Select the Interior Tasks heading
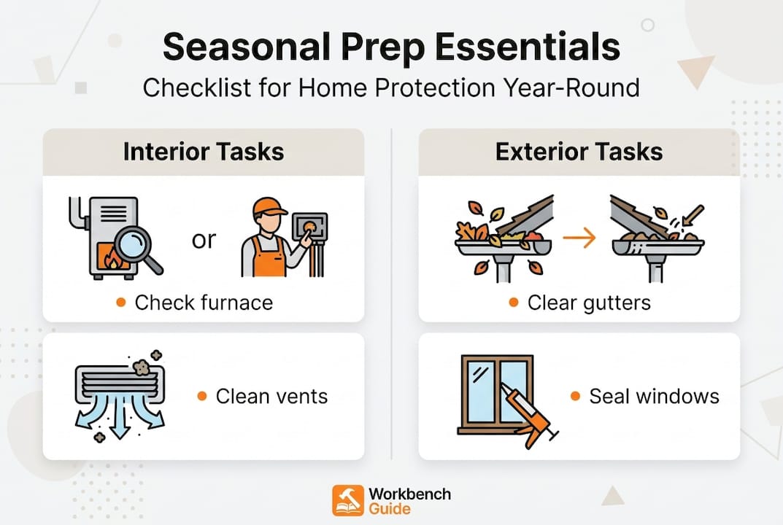[203, 152]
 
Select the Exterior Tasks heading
[579, 152]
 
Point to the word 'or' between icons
[204, 240]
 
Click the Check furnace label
[204, 303]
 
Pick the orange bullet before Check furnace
[121, 303]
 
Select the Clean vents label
[271, 396]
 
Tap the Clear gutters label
[589, 303]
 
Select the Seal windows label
[654, 396]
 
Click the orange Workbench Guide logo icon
[347, 501]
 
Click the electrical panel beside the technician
[309, 231]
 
